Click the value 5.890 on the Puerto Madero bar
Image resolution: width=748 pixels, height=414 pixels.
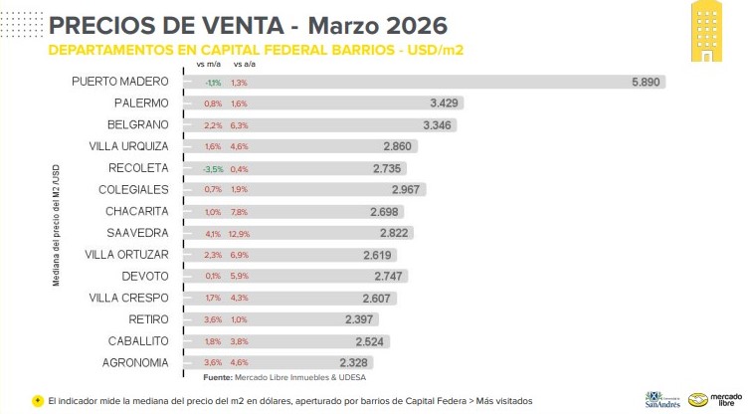(646, 82)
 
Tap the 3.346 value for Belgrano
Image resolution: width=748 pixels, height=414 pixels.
(439, 124)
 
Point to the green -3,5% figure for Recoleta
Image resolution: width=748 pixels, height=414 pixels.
(213, 168)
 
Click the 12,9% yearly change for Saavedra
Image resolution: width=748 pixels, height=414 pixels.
(241, 233)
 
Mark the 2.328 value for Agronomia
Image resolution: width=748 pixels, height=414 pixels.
(355, 362)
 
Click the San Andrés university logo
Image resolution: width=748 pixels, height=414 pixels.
(664, 396)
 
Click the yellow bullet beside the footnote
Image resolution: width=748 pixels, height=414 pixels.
(37, 400)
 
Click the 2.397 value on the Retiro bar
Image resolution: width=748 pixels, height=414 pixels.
(361, 319)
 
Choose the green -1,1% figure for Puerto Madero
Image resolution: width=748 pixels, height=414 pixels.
(213, 82)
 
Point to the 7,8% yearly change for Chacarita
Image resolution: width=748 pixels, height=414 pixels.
(240, 211)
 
